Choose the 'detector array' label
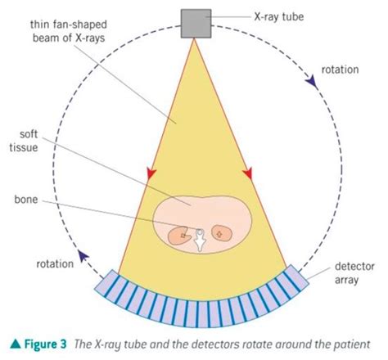point(354,275)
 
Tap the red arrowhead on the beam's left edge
point(151,173)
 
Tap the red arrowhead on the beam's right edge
point(248,173)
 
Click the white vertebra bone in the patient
point(199,238)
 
